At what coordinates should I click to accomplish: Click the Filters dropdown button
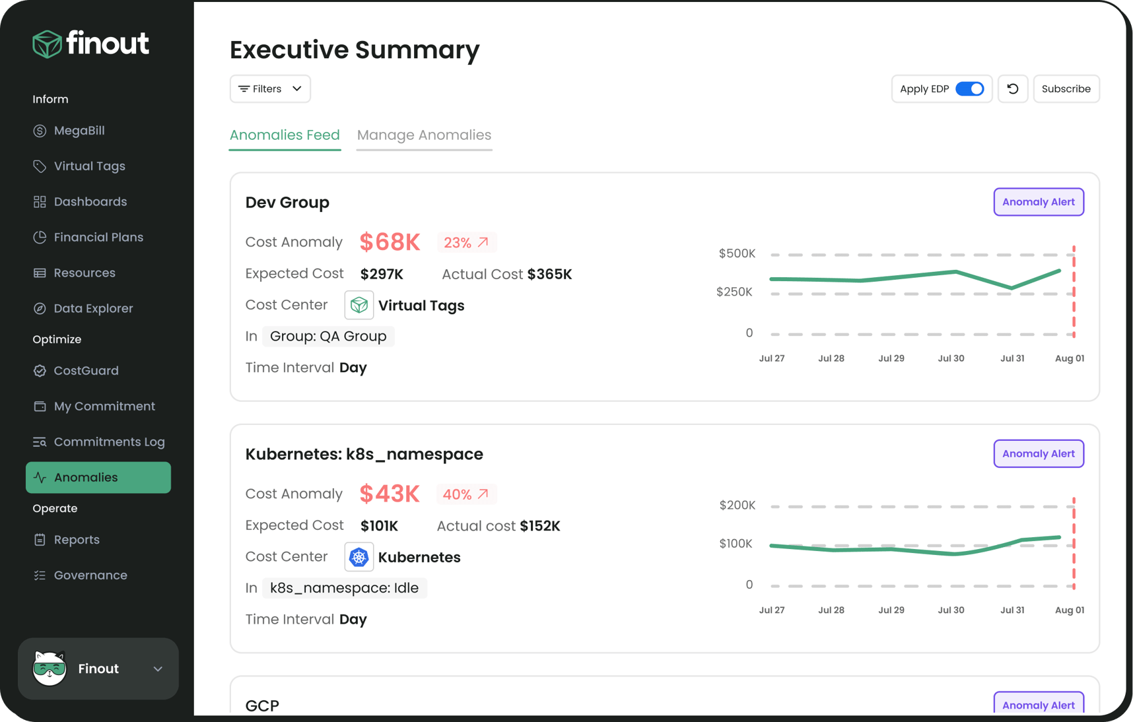pyautogui.click(x=270, y=89)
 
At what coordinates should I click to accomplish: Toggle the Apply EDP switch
pyautogui.click(x=969, y=89)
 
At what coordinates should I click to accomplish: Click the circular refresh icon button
pyautogui.click(x=1012, y=89)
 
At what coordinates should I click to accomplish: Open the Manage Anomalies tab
pyautogui.click(x=424, y=135)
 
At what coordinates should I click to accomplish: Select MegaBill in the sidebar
pyautogui.click(x=79, y=131)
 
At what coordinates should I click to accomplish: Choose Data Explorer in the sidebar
pyautogui.click(x=93, y=308)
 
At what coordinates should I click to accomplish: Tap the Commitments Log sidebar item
pyautogui.click(x=109, y=442)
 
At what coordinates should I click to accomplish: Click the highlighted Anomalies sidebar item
pyautogui.click(x=98, y=477)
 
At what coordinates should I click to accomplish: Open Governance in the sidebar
pyautogui.click(x=90, y=575)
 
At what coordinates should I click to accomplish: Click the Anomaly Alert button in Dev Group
pyautogui.click(x=1038, y=202)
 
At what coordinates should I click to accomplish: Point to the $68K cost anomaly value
pyautogui.click(x=390, y=242)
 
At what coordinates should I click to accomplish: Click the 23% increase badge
pyautogui.click(x=466, y=243)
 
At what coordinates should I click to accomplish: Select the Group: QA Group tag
pyautogui.click(x=328, y=337)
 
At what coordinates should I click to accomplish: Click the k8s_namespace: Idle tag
pyautogui.click(x=344, y=588)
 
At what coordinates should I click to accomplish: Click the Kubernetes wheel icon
pyautogui.click(x=359, y=557)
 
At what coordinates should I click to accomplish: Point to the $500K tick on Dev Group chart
pyautogui.click(x=737, y=253)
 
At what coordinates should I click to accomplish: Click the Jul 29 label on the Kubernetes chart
pyautogui.click(x=891, y=610)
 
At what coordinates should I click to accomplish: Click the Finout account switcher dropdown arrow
pyautogui.click(x=158, y=669)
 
